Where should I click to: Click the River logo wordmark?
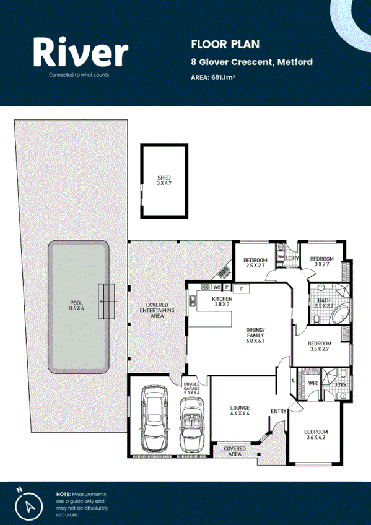click(x=80, y=52)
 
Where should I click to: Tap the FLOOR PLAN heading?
click(x=216, y=44)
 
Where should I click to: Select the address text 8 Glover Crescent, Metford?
click(x=251, y=62)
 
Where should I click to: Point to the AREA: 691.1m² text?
click(x=213, y=77)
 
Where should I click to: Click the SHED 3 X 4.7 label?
click(x=164, y=181)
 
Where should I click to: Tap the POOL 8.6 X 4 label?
click(x=77, y=305)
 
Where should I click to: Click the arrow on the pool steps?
click(x=108, y=301)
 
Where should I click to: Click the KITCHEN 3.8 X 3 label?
click(x=204, y=302)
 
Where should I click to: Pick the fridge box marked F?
click(x=242, y=288)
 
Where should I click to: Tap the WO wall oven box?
click(x=217, y=288)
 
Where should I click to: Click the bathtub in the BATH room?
click(x=340, y=315)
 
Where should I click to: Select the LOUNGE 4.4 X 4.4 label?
click(x=239, y=410)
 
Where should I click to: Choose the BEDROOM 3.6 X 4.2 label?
click(x=315, y=435)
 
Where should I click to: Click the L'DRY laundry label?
click(x=293, y=258)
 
